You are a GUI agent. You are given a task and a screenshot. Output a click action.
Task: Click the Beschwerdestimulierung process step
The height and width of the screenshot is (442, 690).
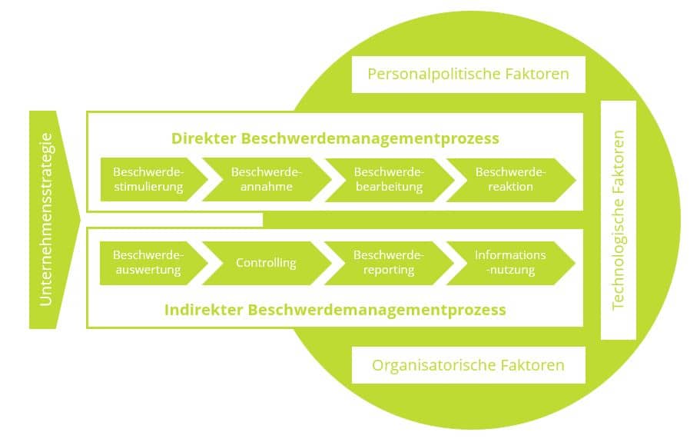point(148,179)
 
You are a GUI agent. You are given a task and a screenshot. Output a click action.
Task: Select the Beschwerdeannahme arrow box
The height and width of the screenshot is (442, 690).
point(267,179)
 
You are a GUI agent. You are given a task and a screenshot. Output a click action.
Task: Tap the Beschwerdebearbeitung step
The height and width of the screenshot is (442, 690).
point(388,179)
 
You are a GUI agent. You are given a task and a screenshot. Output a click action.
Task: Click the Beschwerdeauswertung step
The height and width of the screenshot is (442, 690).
point(148,263)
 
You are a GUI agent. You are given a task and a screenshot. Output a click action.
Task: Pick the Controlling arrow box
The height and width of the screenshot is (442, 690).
point(267,263)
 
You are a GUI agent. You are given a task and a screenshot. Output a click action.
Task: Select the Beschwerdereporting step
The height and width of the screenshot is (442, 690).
point(388,263)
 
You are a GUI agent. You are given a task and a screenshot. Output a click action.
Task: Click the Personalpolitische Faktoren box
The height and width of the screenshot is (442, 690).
point(468,75)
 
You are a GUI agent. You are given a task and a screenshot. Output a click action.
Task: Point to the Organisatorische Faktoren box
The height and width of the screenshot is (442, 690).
point(468,365)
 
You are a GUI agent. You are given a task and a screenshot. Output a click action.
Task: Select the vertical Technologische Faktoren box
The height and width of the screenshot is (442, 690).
point(618,220)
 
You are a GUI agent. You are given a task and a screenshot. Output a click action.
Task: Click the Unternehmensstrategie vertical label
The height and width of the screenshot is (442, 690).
point(46,220)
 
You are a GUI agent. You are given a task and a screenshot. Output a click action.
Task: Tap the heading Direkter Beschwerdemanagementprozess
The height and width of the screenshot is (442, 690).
point(335,138)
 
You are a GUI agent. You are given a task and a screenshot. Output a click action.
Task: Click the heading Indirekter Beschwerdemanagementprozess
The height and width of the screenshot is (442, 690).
point(335,310)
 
